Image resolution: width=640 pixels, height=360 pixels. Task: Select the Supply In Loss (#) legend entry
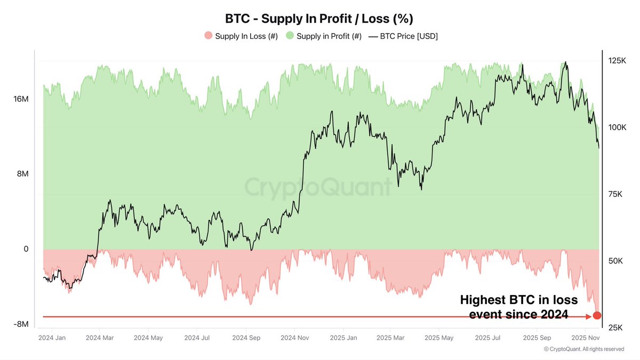(x=241, y=36)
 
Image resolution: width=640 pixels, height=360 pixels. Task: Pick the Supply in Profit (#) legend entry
(x=324, y=36)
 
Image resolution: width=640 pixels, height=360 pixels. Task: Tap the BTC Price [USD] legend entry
(x=403, y=36)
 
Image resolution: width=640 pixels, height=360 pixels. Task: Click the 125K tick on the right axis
(x=617, y=61)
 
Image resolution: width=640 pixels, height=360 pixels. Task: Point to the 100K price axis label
(x=617, y=127)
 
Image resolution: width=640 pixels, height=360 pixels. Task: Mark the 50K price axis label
(x=617, y=261)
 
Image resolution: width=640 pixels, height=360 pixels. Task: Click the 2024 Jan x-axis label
(x=52, y=338)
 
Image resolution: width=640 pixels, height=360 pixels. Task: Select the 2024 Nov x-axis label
(x=295, y=338)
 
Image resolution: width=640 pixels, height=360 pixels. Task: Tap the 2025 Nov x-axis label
(x=586, y=338)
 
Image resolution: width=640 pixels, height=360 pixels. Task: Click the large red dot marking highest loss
(x=597, y=315)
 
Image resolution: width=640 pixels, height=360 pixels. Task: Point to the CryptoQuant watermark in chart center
(x=318, y=188)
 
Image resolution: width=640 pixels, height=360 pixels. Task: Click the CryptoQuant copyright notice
(x=583, y=349)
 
